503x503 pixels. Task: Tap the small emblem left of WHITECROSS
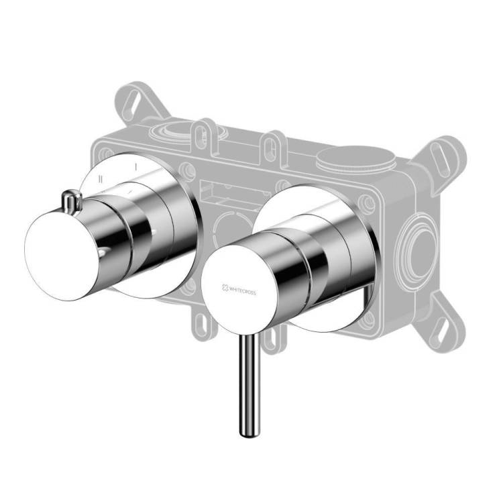click(x=225, y=288)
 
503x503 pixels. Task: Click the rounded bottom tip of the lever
click(x=249, y=435)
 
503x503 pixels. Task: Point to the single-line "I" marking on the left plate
click(x=135, y=167)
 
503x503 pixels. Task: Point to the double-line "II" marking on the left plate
click(x=101, y=179)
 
